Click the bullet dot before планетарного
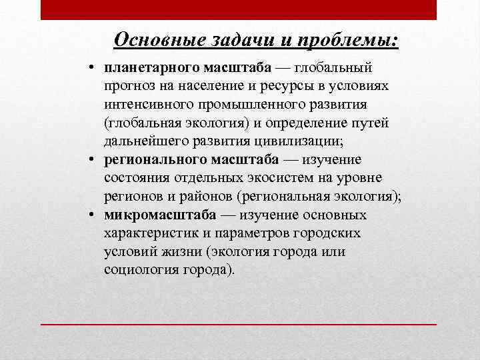94,69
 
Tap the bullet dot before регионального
94,160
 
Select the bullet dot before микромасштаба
94,215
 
